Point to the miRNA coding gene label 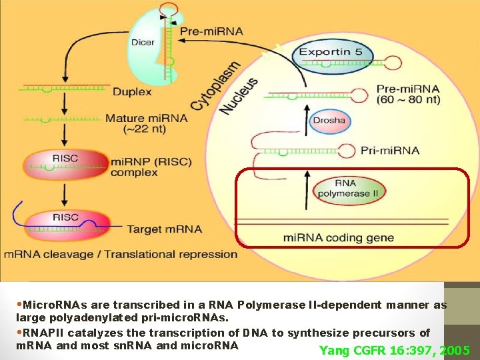(x=338, y=238)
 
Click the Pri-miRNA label (x=390, y=150)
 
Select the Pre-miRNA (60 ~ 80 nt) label (x=409, y=93)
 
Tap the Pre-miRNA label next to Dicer (x=212, y=31)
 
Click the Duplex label (x=132, y=91)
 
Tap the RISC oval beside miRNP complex (x=65, y=164)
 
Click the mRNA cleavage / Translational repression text (x=121, y=254)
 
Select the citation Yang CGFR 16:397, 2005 (x=395, y=351)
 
